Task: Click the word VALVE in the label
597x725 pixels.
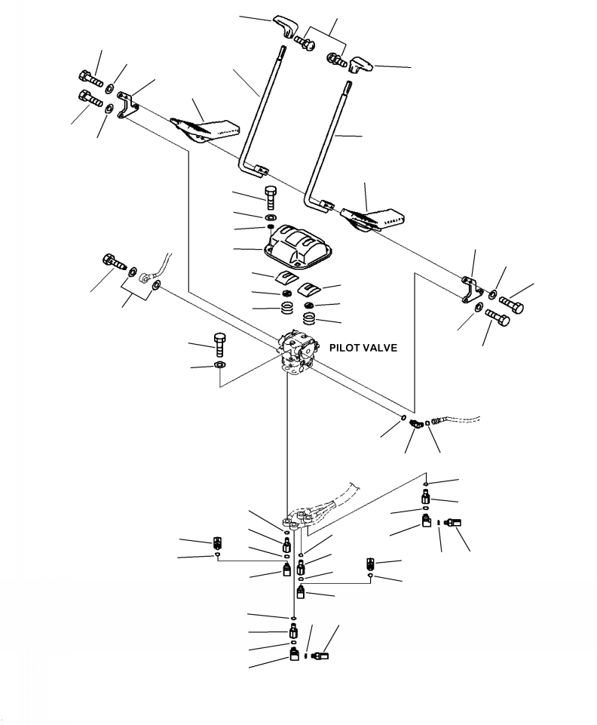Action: [x=381, y=348]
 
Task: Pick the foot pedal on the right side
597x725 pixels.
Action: [x=372, y=219]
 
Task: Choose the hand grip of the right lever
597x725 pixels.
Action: [x=360, y=65]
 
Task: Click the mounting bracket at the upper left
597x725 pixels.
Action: [x=127, y=105]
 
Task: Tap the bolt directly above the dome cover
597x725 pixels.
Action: [x=271, y=198]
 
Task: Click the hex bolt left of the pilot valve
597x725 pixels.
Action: [x=220, y=345]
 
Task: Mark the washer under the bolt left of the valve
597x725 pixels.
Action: [x=220, y=365]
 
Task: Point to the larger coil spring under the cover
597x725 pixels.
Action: [x=311, y=318]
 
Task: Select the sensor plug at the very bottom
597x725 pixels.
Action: [x=320, y=656]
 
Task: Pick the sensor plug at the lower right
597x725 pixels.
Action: [x=453, y=523]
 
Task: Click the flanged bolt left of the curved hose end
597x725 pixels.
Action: [x=114, y=263]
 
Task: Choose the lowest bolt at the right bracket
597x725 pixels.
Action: [x=497, y=318]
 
